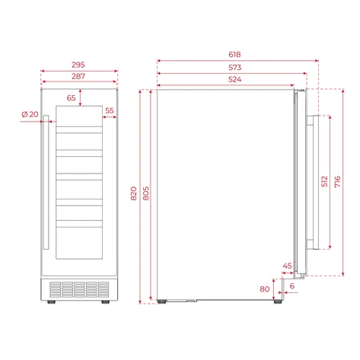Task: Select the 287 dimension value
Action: pos(79,78)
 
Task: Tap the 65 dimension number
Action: pos(72,97)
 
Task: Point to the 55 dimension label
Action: pos(110,111)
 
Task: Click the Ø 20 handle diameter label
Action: pos(30,114)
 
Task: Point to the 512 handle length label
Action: pos(324,181)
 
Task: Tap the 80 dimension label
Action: pos(264,288)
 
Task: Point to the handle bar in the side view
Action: pos(311,183)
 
